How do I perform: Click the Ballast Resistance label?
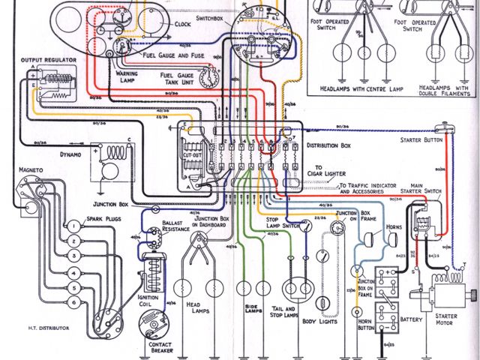pyautogui.click(x=178, y=227)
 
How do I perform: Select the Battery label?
pyautogui.click(x=411, y=319)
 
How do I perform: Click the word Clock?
pyautogui.click(x=182, y=23)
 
